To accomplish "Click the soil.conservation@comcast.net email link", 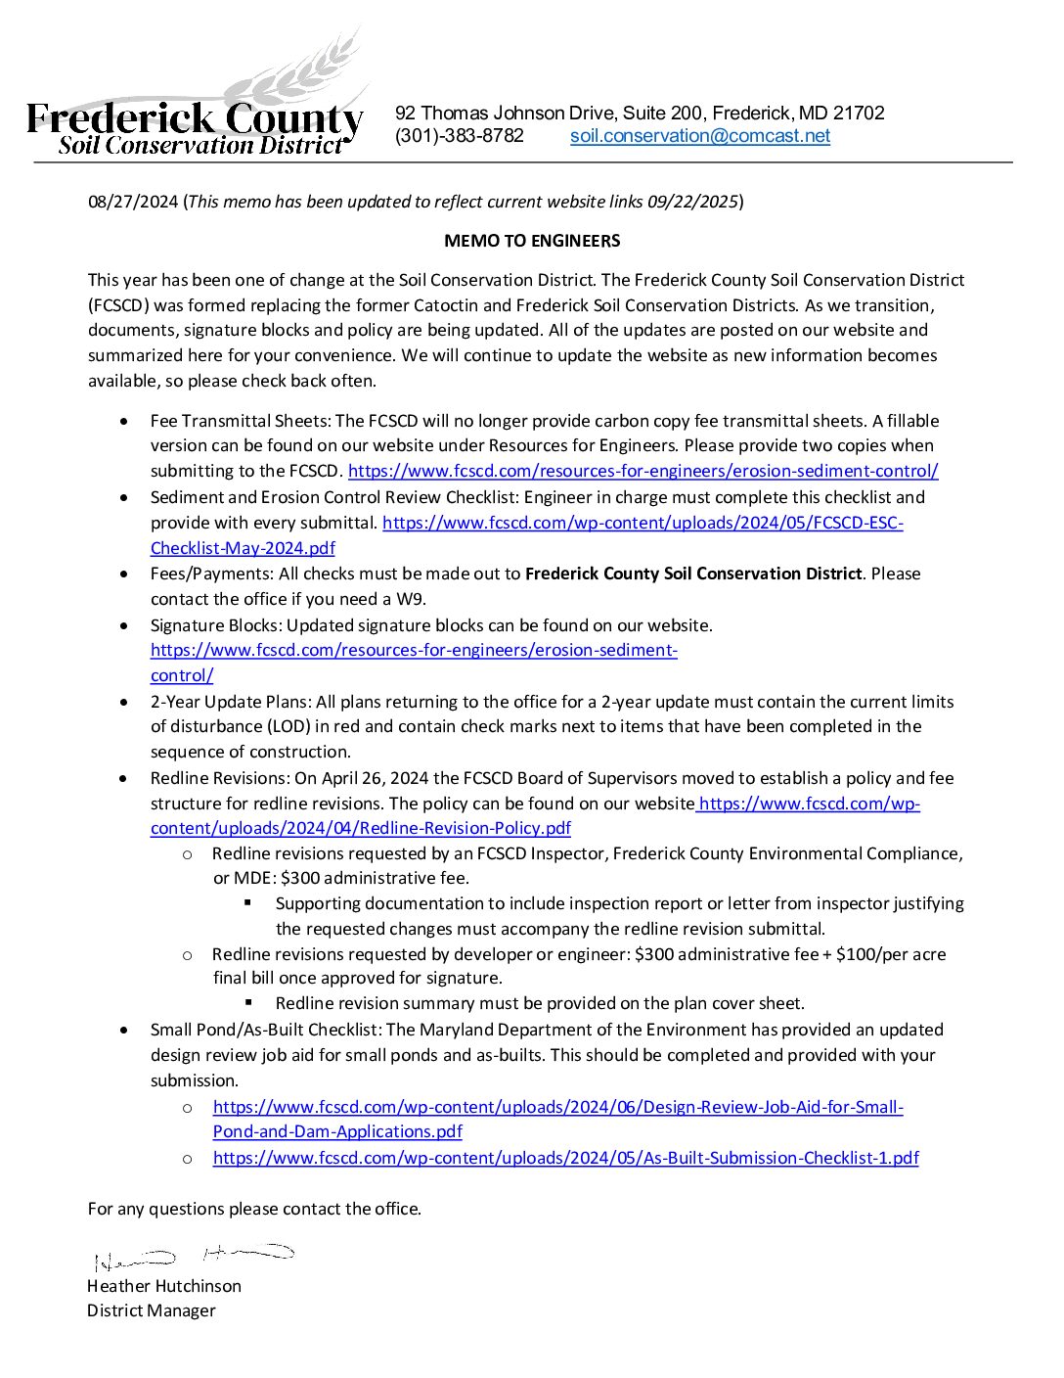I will [x=699, y=136].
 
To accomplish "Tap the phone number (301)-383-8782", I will [x=459, y=136].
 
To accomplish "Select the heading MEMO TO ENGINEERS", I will [x=532, y=241].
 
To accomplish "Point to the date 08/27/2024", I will [x=133, y=202].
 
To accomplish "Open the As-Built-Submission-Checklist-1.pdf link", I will [x=565, y=1158].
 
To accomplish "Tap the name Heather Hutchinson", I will [x=163, y=1286].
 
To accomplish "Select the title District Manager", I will [x=151, y=1310].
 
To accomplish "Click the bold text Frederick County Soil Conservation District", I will [x=693, y=574].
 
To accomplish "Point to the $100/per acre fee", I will [x=891, y=954].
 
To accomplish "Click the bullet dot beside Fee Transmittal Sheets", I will [x=122, y=421].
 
